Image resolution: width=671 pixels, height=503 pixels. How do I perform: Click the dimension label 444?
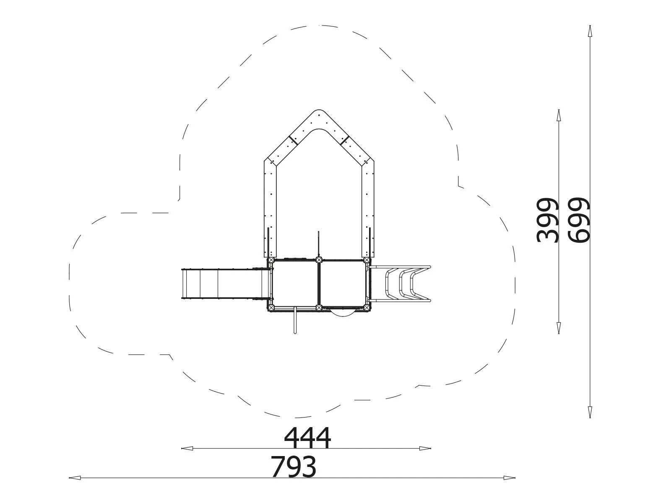pyautogui.click(x=307, y=437)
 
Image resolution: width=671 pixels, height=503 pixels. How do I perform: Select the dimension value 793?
pyautogui.click(x=294, y=466)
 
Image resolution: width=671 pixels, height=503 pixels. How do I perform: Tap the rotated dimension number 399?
pyautogui.click(x=547, y=220)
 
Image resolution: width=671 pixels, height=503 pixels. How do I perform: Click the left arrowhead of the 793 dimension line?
pyautogui.click(x=75, y=478)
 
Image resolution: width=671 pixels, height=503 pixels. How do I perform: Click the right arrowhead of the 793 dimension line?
pyautogui.click(x=509, y=478)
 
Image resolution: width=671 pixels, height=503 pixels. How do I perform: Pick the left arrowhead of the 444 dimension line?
pyautogui.click(x=187, y=449)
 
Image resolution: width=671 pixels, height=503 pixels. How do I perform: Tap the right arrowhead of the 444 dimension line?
pyautogui.click(x=425, y=449)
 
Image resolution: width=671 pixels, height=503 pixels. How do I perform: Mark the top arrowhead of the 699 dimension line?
pyautogui.click(x=590, y=31)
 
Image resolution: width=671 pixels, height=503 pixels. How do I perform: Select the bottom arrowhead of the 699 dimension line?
pyautogui.click(x=590, y=412)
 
